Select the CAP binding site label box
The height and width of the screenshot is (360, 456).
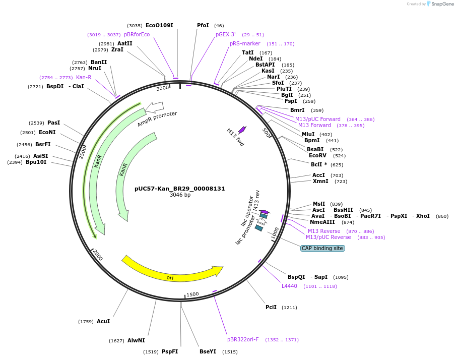322,248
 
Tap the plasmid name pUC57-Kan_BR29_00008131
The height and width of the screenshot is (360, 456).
179,189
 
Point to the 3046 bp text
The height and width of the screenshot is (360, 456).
180,195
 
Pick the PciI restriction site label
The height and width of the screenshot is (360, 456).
271,307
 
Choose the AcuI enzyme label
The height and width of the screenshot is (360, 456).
103,321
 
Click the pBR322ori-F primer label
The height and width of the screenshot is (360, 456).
243,339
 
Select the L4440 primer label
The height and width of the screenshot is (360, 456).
289,286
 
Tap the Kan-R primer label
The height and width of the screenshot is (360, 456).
84,77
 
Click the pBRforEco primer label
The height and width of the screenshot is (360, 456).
137,34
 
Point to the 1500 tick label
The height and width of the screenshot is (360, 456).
192,294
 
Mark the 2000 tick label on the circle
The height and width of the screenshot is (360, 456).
97,255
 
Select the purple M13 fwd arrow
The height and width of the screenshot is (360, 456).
242,130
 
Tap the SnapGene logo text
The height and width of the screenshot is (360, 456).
441,4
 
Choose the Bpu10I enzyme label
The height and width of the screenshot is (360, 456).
36,162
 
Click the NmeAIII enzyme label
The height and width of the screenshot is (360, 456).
322,222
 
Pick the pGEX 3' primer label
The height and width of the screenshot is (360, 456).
225,34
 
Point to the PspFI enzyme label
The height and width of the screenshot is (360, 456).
170,352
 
